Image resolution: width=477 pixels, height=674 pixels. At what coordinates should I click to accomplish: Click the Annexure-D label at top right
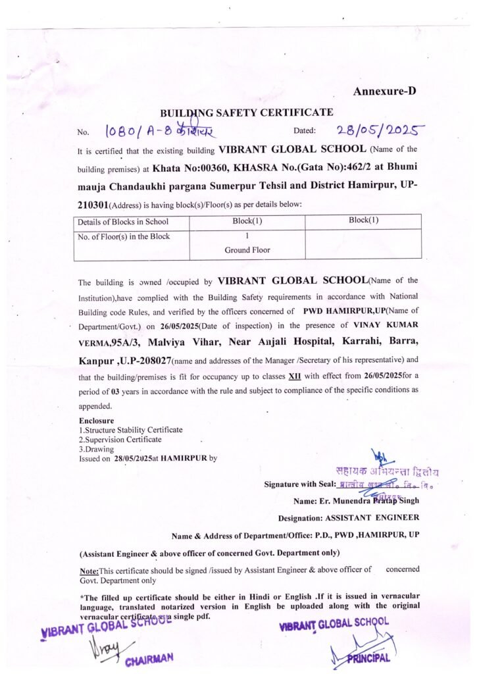[x=384, y=91]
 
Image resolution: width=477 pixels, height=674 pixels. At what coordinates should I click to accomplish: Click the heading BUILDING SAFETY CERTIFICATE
[x=246, y=113]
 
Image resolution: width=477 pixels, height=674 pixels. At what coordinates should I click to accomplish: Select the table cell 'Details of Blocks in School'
[x=123, y=221]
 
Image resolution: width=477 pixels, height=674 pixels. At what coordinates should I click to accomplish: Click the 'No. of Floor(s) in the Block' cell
[x=124, y=236]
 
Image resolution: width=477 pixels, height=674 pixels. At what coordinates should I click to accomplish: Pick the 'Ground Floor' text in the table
[x=247, y=250]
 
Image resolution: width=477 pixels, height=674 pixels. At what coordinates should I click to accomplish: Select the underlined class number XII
[x=295, y=376]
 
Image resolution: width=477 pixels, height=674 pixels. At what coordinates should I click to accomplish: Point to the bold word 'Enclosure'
[x=97, y=421]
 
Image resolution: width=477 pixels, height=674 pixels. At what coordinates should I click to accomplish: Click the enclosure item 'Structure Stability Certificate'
[x=132, y=430]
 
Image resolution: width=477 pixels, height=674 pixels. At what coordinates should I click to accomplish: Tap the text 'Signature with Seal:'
[x=299, y=484]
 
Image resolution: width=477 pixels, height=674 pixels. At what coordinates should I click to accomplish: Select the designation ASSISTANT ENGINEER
[x=372, y=518]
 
